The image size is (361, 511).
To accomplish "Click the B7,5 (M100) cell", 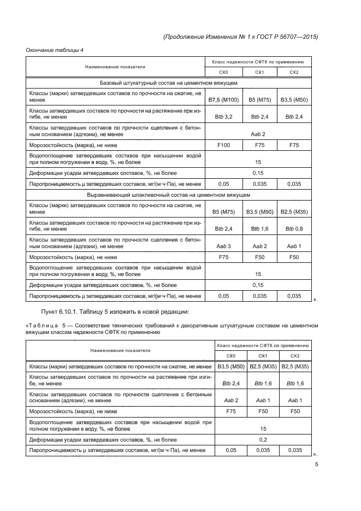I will (x=223, y=100).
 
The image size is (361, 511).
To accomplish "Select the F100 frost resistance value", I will (x=223, y=145).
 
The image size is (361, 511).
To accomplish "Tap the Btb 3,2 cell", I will (x=223, y=117).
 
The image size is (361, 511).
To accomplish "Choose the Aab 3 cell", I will (x=223, y=246).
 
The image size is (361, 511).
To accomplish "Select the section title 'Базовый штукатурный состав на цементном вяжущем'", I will (x=168, y=83).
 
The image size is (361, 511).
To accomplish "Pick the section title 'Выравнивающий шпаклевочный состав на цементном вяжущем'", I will (x=168, y=195).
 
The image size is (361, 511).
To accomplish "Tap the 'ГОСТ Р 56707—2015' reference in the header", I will (x=286, y=37).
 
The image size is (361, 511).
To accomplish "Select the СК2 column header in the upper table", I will (x=294, y=72).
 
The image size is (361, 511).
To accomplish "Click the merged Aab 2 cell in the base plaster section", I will (x=258, y=134).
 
